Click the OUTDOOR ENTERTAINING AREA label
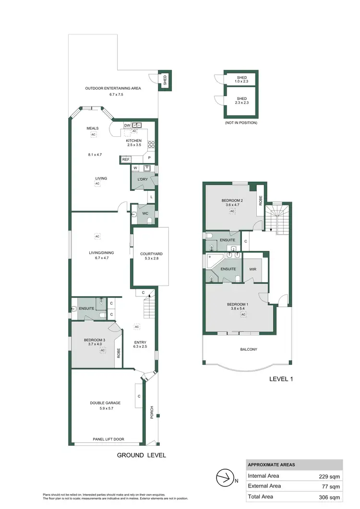click(113, 88)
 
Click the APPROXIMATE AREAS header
click(272, 465)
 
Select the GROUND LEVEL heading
click(142, 455)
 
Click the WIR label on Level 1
click(252, 269)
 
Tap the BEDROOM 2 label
click(232, 201)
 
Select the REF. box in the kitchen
click(126, 159)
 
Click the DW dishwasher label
click(127, 126)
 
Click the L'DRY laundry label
click(143, 179)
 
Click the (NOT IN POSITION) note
click(241, 123)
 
